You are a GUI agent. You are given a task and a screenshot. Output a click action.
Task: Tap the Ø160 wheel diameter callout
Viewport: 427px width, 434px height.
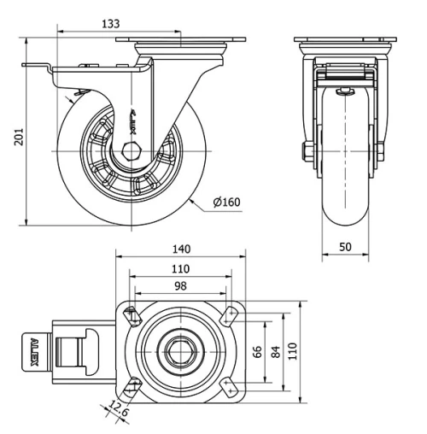tap(228, 202)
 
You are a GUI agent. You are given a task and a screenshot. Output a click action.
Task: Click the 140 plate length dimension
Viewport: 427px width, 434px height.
tap(180, 249)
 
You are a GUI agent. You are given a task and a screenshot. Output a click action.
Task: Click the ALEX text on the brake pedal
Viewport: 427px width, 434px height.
tap(34, 352)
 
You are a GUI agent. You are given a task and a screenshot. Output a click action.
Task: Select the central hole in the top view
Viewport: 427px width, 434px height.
tap(180, 350)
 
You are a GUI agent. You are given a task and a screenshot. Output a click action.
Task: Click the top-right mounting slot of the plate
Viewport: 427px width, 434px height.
tap(230, 314)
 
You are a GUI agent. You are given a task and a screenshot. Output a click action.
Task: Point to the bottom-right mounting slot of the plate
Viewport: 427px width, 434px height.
tap(230, 387)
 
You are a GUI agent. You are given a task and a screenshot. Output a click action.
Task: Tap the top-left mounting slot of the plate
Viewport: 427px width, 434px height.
tap(131, 314)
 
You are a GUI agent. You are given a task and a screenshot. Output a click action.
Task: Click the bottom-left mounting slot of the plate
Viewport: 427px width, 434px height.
tap(131, 387)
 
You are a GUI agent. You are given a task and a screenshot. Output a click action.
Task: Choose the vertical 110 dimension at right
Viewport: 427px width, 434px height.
tap(293, 351)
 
